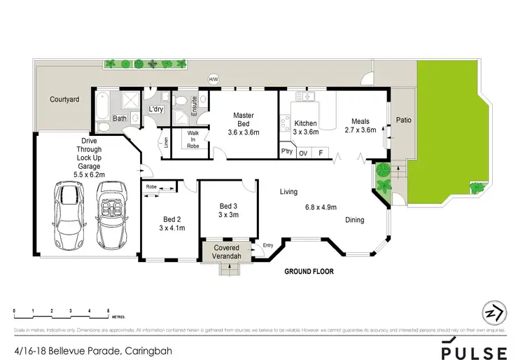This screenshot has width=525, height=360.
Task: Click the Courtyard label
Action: tap(64, 100)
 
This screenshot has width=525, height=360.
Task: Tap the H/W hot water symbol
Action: tap(213, 79)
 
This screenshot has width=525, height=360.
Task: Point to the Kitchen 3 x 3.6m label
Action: tap(305, 127)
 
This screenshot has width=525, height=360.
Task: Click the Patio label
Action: tap(403, 120)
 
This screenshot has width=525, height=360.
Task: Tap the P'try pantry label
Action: tap(286, 152)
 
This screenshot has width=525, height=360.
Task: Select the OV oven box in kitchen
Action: tap(303, 152)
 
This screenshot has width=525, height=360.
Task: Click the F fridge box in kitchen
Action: tap(321, 152)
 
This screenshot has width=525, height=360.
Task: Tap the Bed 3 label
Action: tap(228, 210)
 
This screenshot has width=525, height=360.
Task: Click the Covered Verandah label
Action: tap(226, 252)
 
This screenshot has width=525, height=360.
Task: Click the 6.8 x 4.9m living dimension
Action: tap(321, 207)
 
